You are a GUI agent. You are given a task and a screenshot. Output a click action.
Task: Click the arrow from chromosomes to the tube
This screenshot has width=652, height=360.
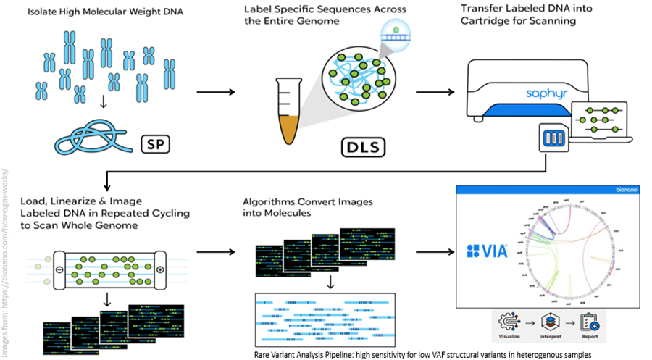tap(216, 92)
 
